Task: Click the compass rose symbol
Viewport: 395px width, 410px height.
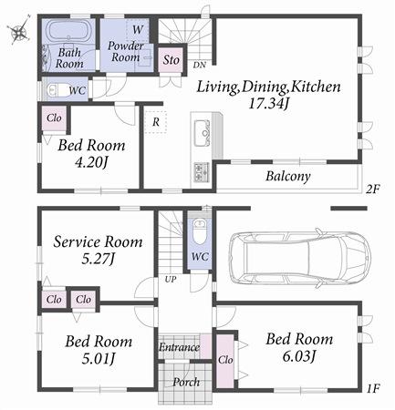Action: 17,33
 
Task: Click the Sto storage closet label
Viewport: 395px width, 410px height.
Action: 171,60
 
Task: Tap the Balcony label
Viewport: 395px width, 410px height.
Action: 288,176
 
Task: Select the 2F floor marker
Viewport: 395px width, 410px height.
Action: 371,190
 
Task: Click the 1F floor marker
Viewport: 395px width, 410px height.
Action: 371,389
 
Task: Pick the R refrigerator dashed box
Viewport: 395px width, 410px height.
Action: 157,120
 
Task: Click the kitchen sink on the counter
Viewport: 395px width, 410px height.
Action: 202,135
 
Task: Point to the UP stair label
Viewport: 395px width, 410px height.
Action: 170,279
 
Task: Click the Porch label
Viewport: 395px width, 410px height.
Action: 186,382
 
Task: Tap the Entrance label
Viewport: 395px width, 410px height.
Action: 178,347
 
